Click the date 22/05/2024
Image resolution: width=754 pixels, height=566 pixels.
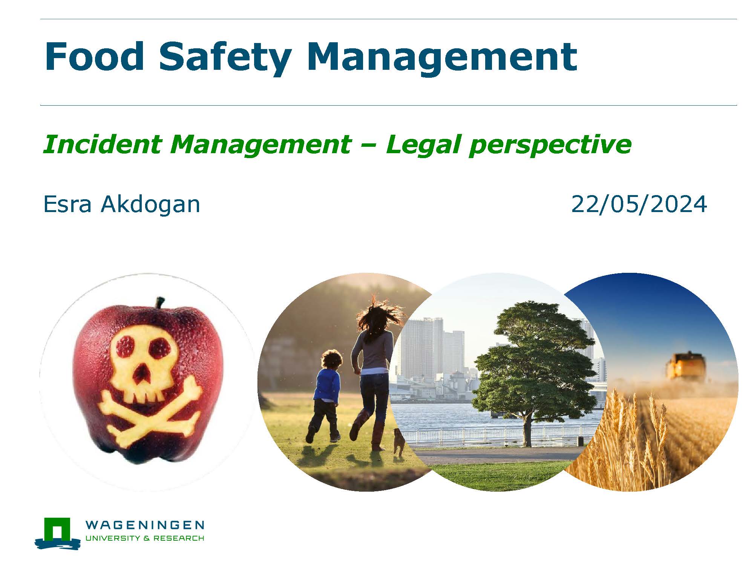click(639, 205)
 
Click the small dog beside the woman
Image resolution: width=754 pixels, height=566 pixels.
click(398, 441)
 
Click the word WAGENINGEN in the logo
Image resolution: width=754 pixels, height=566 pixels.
click(145, 525)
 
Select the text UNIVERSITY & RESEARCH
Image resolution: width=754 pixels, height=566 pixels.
click(145, 538)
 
